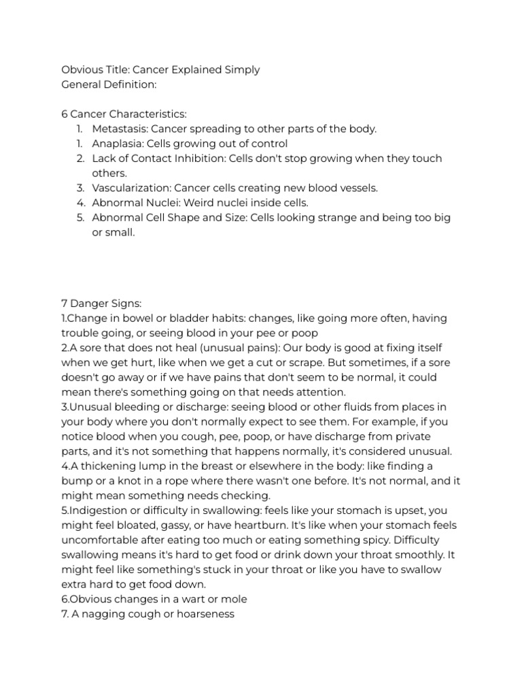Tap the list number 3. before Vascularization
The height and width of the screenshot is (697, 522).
click(80, 188)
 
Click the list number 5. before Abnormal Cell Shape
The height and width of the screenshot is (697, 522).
click(80, 218)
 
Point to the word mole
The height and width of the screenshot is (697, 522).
click(234, 600)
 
